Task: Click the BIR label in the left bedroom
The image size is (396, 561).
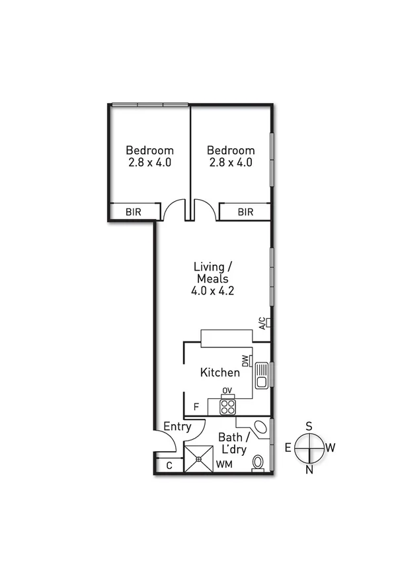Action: click(136, 212)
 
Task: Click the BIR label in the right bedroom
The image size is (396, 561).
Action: click(245, 212)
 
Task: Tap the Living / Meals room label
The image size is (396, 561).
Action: click(212, 273)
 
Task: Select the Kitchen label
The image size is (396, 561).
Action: click(219, 373)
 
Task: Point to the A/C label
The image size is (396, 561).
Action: click(262, 324)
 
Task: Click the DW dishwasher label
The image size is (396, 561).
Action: click(245, 361)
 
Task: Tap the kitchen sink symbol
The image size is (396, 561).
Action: click(261, 374)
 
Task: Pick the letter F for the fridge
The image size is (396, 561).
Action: click(196, 407)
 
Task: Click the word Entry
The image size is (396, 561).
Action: click(177, 427)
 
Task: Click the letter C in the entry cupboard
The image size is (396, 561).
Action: click(169, 466)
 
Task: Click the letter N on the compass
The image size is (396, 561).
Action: click(309, 470)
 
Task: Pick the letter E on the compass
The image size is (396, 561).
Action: click(288, 448)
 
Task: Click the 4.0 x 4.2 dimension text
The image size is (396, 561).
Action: click(212, 290)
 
